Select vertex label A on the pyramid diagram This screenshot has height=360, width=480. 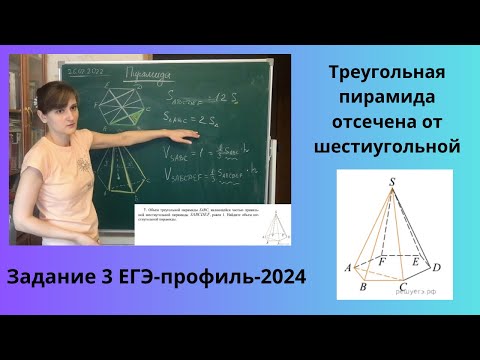tap(346, 268)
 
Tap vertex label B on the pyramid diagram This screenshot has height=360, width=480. tap(365, 286)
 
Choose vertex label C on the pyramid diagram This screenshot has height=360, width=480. tap(400, 286)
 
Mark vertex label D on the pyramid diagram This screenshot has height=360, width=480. tap(436, 268)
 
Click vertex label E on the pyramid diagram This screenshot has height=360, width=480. tap(416, 259)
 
